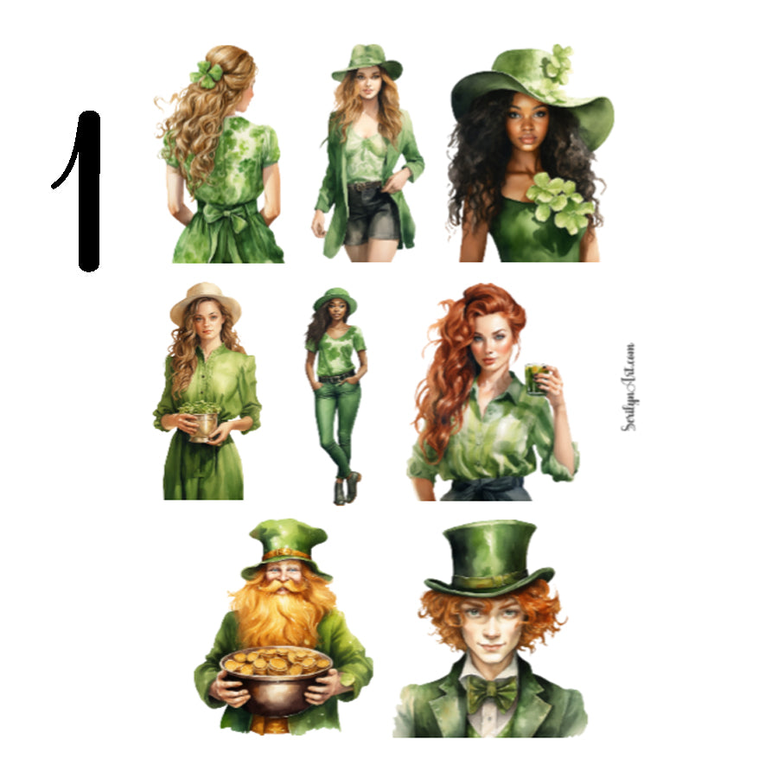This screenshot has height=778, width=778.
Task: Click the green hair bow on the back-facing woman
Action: [x=207, y=74]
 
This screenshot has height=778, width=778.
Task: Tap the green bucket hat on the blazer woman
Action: [x=367, y=61]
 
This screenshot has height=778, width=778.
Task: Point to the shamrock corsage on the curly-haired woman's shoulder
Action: [x=559, y=201]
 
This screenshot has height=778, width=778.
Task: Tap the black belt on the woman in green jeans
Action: [x=336, y=377]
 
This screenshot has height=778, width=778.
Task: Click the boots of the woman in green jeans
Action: [x=345, y=489]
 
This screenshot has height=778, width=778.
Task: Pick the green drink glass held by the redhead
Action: [x=536, y=379]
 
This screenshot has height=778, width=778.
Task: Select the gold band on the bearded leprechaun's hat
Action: [x=286, y=554]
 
